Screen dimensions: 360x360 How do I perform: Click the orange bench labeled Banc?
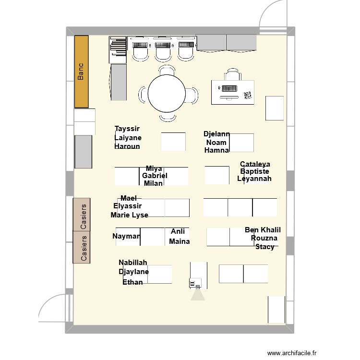click(x=82, y=72)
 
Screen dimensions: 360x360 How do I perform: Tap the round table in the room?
click(x=167, y=94)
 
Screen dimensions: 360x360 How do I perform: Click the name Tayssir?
click(x=127, y=129)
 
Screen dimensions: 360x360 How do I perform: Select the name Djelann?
click(x=216, y=134)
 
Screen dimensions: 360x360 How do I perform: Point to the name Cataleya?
click(x=255, y=164)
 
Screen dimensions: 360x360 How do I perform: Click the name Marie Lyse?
click(x=129, y=215)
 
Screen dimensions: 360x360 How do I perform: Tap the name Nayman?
click(x=126, y=236)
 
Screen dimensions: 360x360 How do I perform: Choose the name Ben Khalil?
click(x=263, y=230)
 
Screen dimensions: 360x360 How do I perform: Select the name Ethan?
click(x=132, y=282)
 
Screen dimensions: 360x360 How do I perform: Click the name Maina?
click(x=179, y=241)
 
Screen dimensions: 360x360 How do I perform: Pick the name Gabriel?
click(x=155, y=176)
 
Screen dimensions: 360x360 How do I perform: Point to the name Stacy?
click(x=265, y=247)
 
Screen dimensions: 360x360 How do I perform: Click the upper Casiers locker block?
click(x=82, y=215)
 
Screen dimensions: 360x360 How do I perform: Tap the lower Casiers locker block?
click(x=82, y=247)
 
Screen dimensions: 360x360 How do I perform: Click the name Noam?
click(x=216, y=142)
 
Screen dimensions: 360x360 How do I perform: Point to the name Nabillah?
click(x=133, y=263)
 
